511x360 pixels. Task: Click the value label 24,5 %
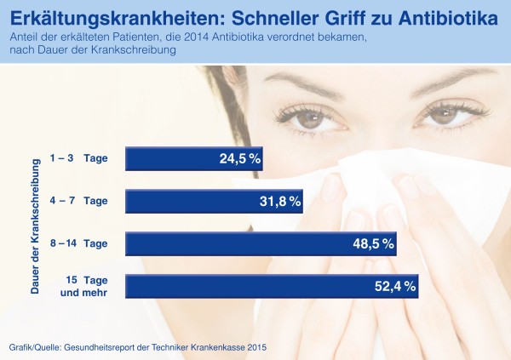coord(238,158)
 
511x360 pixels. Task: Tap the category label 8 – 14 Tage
coord(78,243)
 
